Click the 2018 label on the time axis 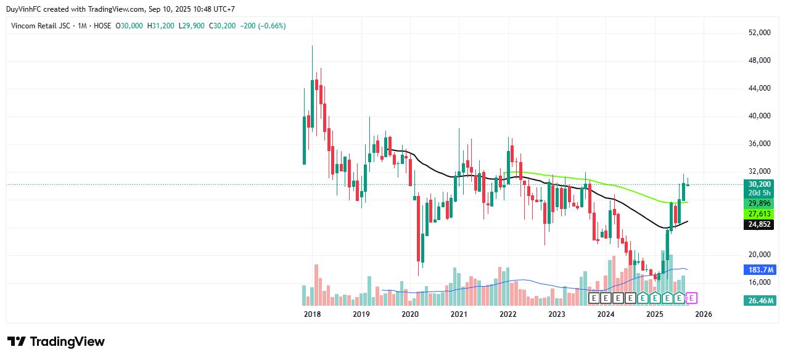(x=313, y=314)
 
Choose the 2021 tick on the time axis (x=459, y=314)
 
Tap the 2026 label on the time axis (x=704, y=314)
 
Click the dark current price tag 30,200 (x=759, y=184)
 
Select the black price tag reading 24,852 (x=759, y=224)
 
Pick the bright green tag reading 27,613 (x=759, y=214)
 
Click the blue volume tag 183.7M (x=759, y=270)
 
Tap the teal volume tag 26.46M (x=759, y=301)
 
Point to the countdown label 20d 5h (x=759, y=193)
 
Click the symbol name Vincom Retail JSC (x=41, y=26)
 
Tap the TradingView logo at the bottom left (x=56, y=342)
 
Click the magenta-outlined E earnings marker (x=691, y=298)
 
